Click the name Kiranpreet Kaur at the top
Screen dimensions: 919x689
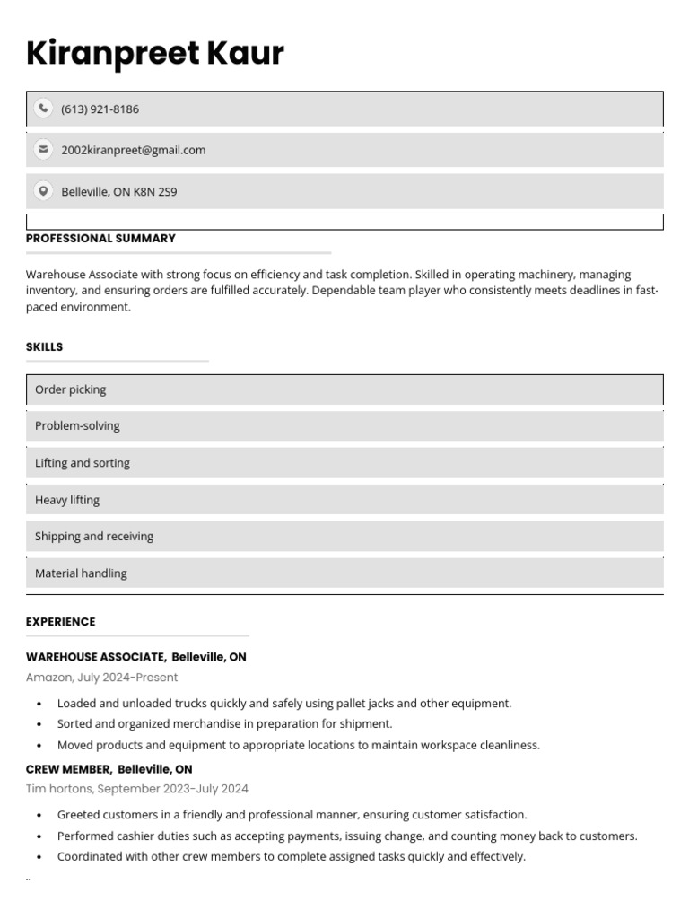pyautogui.click(x=154, y=54)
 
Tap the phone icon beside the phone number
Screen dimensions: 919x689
pyautogui.click(x=43, y=109)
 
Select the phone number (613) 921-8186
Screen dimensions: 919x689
pyautogui.click(x=100, y=109)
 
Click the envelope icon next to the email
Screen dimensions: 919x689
pyautogui.click(x=43, y=149)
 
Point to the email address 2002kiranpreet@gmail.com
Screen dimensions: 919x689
pyautogui.click(x=133, y=150)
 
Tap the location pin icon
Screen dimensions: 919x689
pyautogui.click(x=43, y=190)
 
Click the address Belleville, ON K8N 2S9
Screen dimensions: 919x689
pyautogui.click(x=118, y=191)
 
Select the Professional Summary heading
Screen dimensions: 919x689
pyautogui.click(x=100, y=239)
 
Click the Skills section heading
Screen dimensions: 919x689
pyautogui.click(x=44, y=347)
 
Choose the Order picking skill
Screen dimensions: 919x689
pyautogui.click(x=70, y=389)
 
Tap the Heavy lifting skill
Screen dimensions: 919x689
pyautogui.click(x=67, y=500)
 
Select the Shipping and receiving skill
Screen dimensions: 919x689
pyautogui.click(x=94, y=537)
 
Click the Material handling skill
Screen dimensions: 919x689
pyautogui.click(x=81, y=573)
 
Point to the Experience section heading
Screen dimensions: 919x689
pyautogui.click(x=60, y=622)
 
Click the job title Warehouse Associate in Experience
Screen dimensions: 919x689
pyautogui.click(x=95, y=657)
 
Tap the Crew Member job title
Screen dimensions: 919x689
pyautogui.click(x=68, y=769)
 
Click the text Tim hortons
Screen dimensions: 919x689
pyautogui.click(x=58, y=789)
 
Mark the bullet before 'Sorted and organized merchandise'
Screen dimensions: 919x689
pyautogui.click(x=39, y=724)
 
